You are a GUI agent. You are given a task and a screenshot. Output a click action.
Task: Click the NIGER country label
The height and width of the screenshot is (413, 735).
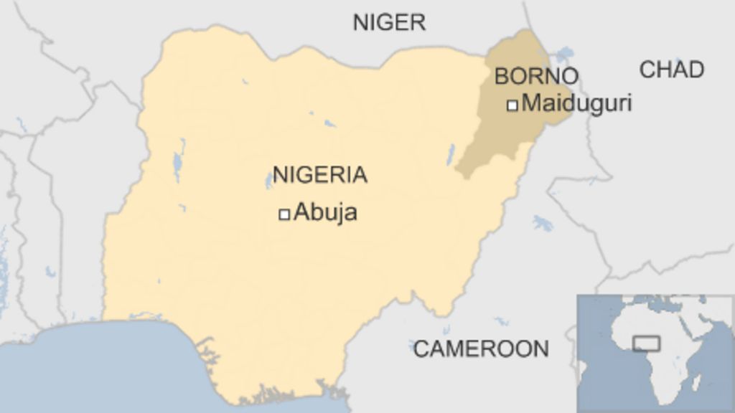(x=389, y=22)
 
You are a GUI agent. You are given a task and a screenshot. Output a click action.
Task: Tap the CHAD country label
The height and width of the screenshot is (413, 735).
(x=672, y=70)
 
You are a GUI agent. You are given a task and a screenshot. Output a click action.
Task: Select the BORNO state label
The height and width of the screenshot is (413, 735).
(x=536, y=75)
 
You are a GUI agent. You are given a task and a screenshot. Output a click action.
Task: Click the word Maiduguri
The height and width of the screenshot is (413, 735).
(x=576, y=103)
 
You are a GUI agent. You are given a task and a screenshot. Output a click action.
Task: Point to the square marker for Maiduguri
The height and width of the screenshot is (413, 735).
(x=512, y=105)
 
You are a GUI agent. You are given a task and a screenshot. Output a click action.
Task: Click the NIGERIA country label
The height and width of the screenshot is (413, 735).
(x=319, y=174)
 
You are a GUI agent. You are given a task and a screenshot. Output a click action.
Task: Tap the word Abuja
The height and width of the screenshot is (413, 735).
(x=325, y=212)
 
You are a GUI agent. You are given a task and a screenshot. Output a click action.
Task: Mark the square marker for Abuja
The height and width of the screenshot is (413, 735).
(x=284, y=214)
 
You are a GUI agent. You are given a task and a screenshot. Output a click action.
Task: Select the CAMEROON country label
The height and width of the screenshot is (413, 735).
(x=480, y=349)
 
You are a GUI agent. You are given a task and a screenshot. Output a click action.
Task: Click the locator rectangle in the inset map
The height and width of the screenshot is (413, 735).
(x=646, y=343)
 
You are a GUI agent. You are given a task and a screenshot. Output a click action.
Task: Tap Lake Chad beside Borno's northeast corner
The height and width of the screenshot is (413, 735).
(x=564, y=54)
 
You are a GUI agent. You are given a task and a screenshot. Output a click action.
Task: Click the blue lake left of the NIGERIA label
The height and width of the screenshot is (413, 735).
(x=177, y=165)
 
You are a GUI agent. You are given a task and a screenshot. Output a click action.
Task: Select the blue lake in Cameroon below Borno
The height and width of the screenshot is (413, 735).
(x=543, y=223)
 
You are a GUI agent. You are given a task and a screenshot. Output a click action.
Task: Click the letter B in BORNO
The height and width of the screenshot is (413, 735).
(x=501, y=75)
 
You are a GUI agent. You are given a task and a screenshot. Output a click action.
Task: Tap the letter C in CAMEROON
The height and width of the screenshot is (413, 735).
(x=421, y=349)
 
